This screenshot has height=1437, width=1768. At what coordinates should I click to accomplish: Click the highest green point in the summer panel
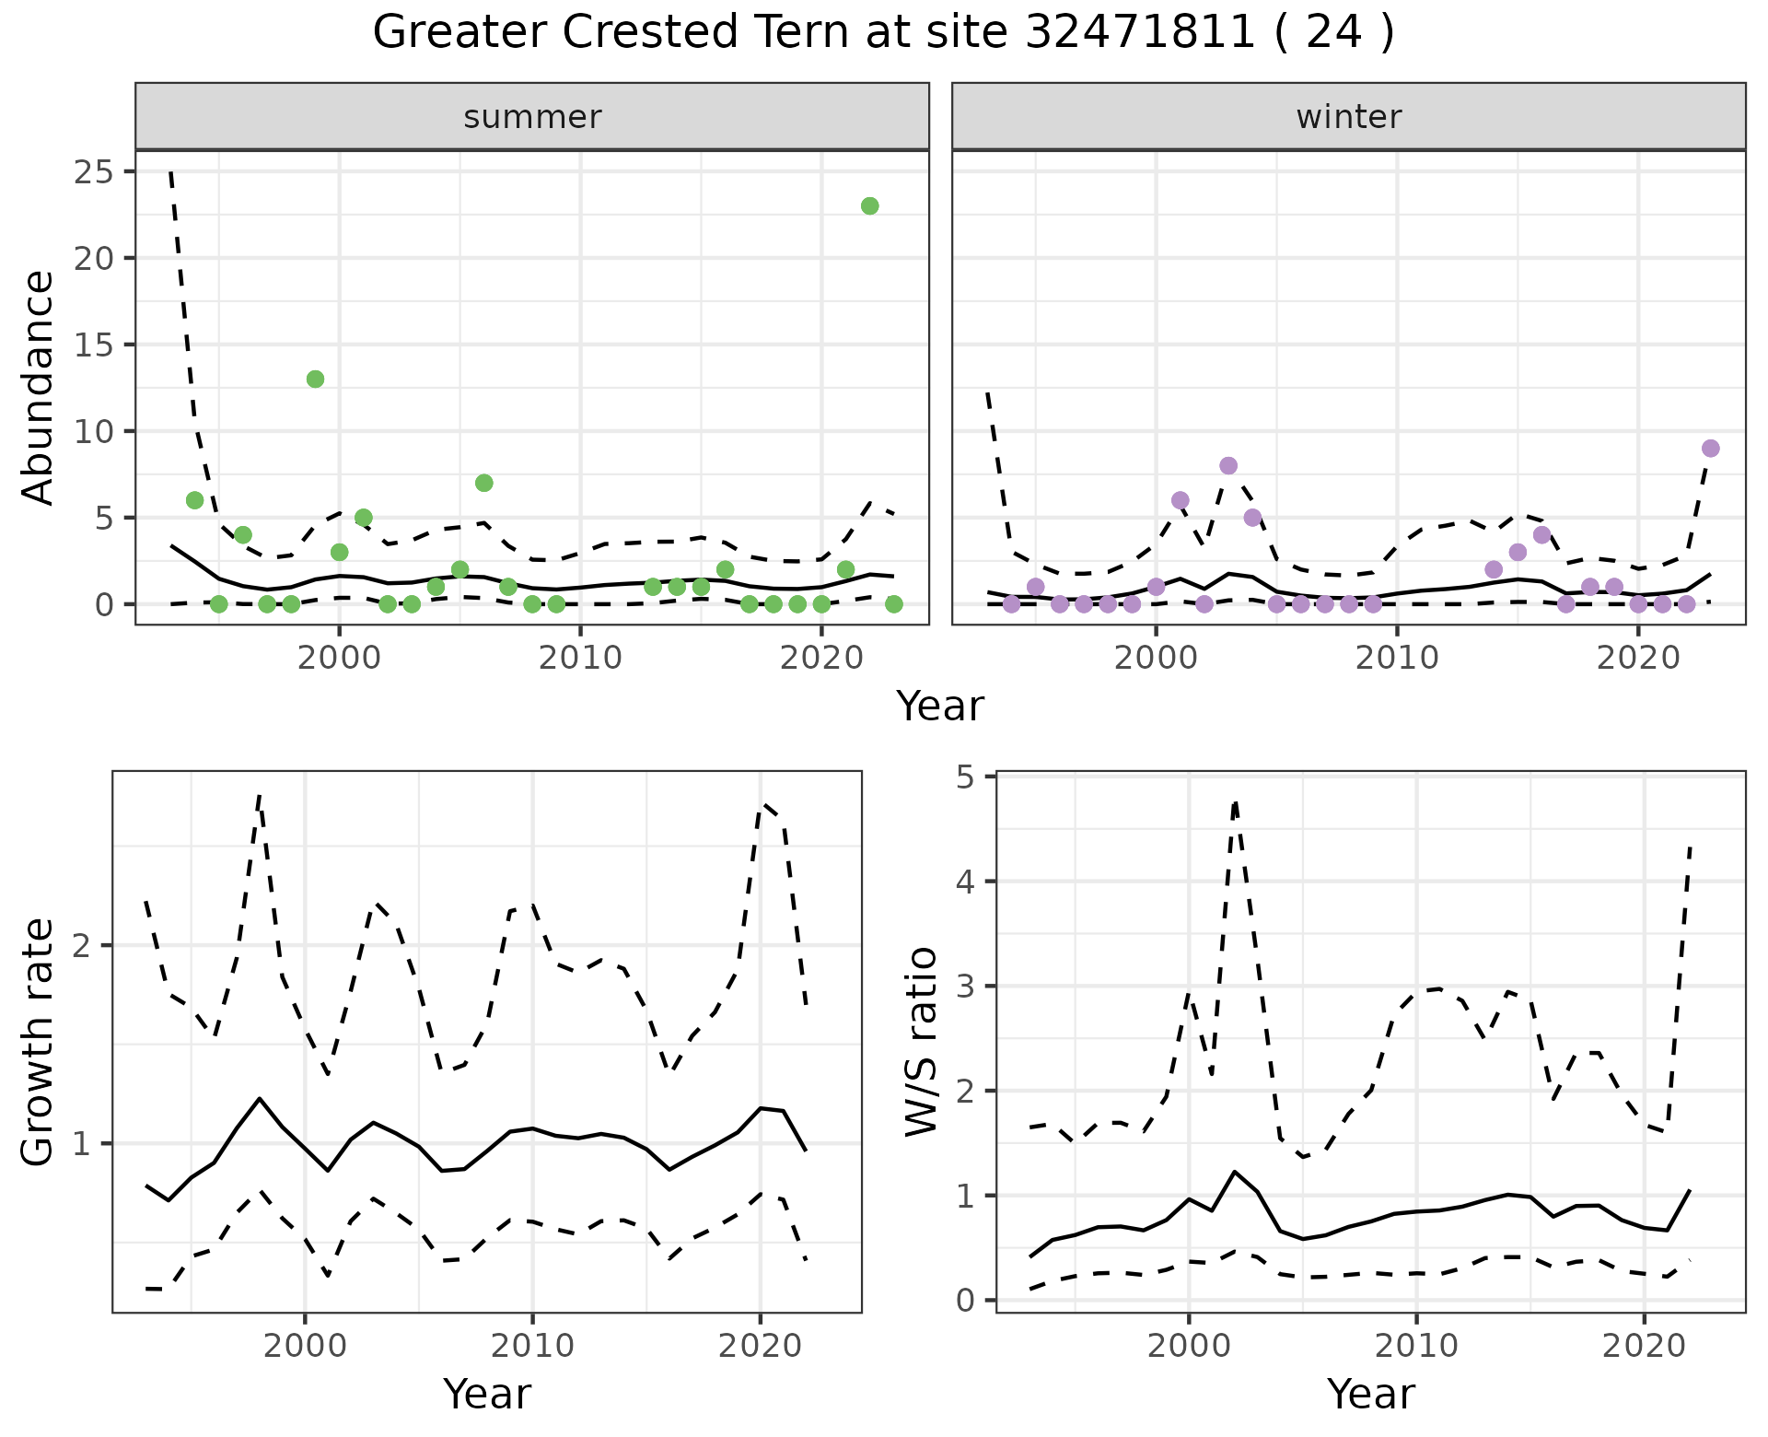[x=869, y=205]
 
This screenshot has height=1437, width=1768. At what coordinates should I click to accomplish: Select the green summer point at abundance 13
[x=315, y=379]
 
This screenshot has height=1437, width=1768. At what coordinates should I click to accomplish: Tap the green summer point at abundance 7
[x=484, y=483]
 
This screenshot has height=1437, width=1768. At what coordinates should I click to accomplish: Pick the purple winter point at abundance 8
[x=1228, y=465]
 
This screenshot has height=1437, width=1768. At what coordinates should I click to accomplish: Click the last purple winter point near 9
[x=1711, y=449]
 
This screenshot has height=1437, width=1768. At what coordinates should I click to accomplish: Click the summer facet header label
[x=532, y=117]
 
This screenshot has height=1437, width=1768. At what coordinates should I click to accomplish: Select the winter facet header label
[x=1348, y=117]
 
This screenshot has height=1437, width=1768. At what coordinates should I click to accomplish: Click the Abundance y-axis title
[x=39, y=387]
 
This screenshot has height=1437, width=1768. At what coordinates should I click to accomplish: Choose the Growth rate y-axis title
[x=39, y=1041]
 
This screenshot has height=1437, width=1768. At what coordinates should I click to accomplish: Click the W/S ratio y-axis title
[x=921, y=1041]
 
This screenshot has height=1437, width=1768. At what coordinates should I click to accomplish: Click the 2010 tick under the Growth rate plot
[x=532, y=1347]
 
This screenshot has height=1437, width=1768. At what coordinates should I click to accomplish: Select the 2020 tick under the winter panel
[x=1639, y=658]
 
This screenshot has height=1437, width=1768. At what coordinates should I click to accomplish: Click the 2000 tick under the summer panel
[x=339, y=658]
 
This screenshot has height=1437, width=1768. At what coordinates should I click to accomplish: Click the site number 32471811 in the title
[x=1140, y=33]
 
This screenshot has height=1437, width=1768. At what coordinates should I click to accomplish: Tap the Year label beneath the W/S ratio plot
[x=1370, y=1395]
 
